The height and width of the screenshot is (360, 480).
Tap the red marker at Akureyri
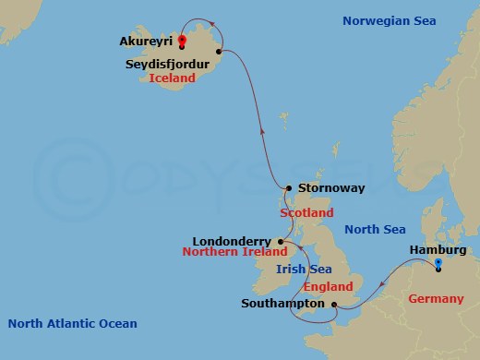(x=182, y=41)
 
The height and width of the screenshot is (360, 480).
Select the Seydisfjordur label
(x=167, y=65)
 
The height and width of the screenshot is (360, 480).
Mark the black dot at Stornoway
(x=289, y=187)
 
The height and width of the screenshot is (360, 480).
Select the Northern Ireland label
(x=234, y=251)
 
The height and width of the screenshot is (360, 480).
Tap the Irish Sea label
(x=303, y=270)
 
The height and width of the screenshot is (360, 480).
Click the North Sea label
(x=374, y=229)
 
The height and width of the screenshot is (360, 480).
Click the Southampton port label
(x=282, y=303)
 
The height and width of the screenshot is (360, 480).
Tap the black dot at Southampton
(x=332, y=303)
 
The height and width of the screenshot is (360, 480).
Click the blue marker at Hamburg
(x=439, y=262)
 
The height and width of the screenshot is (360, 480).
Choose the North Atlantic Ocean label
(x=72, y=323)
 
